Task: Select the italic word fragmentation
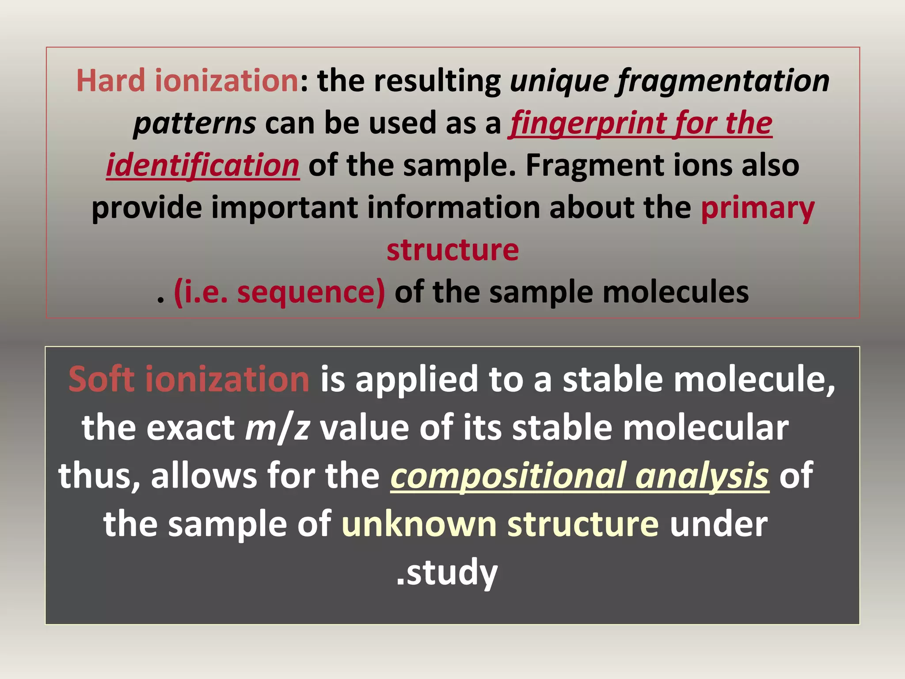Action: pos(723,82)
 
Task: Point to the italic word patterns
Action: pos(194,123)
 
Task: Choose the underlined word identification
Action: pos(203,165)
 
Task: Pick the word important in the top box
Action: pos(285,207)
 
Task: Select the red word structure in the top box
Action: pos(452,250)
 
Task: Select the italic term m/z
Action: pos(277,428)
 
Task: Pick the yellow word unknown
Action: pos(419,524)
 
